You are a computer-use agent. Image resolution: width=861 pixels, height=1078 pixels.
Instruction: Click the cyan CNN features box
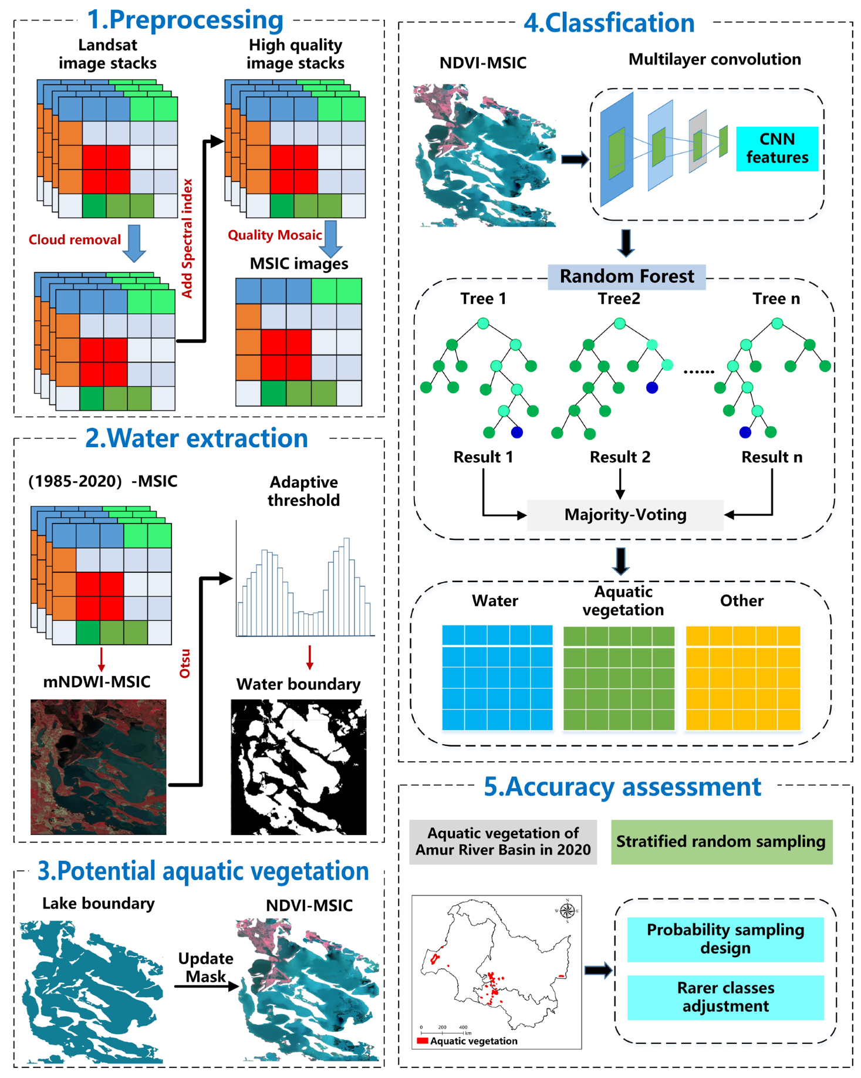point(776,148)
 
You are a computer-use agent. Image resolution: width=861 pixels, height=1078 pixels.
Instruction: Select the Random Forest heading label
point(626,276)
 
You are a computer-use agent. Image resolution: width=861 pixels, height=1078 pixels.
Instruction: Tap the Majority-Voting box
point(625,515)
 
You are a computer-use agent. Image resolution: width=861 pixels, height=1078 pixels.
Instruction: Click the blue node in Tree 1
point(516,432)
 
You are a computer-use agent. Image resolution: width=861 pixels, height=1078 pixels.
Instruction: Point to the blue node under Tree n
point(745,432)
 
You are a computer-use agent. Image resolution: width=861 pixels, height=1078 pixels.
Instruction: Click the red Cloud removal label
point(75,239)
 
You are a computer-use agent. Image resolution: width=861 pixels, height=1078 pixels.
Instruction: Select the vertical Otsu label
point(185,663)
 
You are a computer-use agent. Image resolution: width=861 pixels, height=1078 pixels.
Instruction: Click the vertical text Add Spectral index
point(187,238)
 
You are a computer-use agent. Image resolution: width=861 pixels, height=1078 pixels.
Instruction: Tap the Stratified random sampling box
point(721,842)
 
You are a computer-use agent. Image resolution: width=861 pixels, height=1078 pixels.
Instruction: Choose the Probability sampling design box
point(725,938)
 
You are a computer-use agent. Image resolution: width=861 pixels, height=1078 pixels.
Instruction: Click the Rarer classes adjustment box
point(725,996)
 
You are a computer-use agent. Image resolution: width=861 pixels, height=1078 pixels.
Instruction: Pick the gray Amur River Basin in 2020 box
point(503,842)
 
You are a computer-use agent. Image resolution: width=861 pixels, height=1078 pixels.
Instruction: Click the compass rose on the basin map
point(567,910)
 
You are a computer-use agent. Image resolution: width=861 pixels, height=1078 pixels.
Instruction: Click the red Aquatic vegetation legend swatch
point(422,1040)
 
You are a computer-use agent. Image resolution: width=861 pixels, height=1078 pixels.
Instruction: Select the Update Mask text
point(205,967)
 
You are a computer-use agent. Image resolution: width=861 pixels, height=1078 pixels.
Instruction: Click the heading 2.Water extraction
point(197,438)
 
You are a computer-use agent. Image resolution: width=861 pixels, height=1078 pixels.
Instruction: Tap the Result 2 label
point(620,457)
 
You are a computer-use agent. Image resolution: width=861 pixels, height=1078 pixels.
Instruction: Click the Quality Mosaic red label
point(275,235)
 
